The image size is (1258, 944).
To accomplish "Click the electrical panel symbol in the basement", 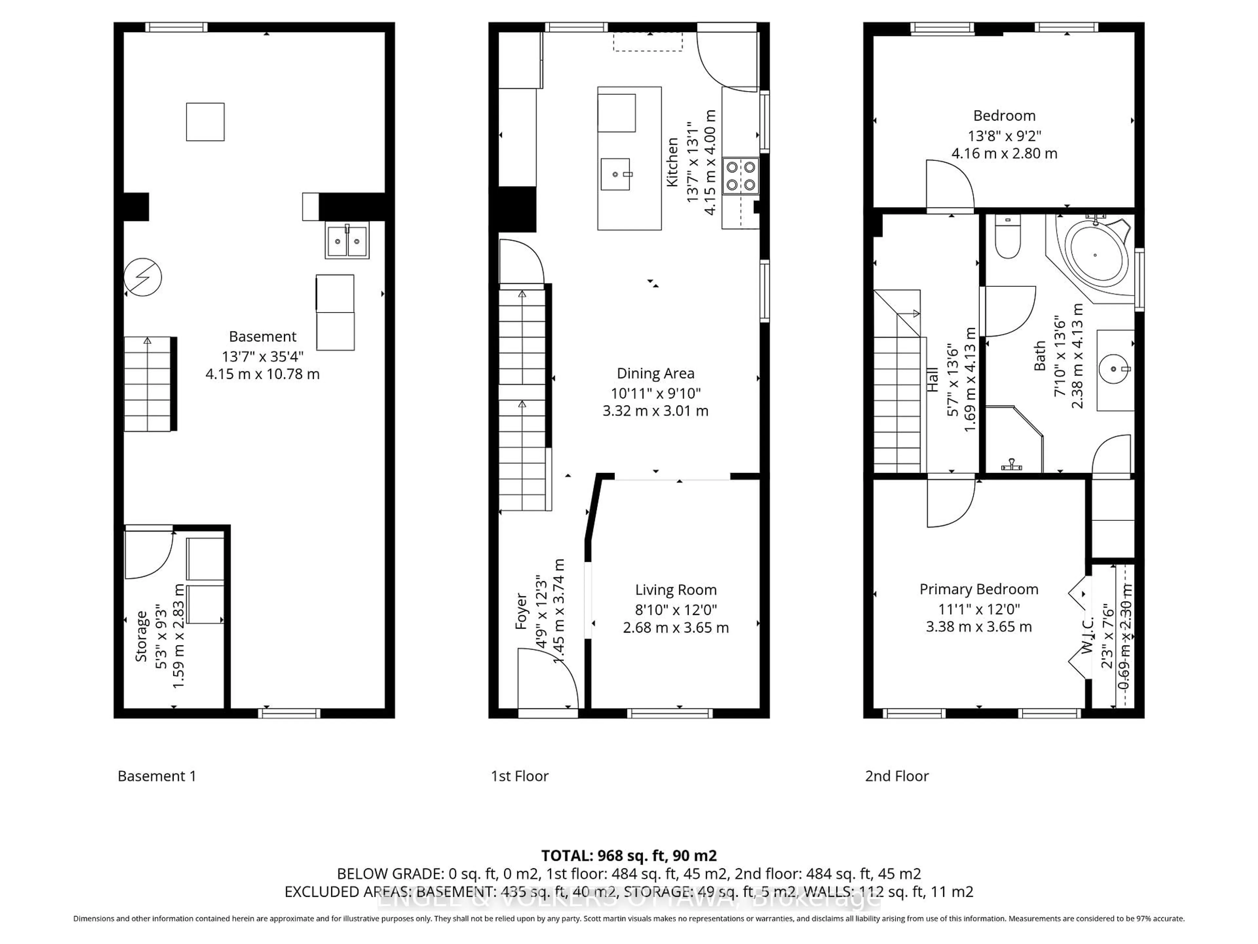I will pos(143,277).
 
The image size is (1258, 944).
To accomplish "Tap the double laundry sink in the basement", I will pos(347,241).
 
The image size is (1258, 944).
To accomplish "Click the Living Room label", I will pos(676,590).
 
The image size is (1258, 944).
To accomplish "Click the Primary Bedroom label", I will pos(979,589).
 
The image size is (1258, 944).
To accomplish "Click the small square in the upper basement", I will pos(205,122).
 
